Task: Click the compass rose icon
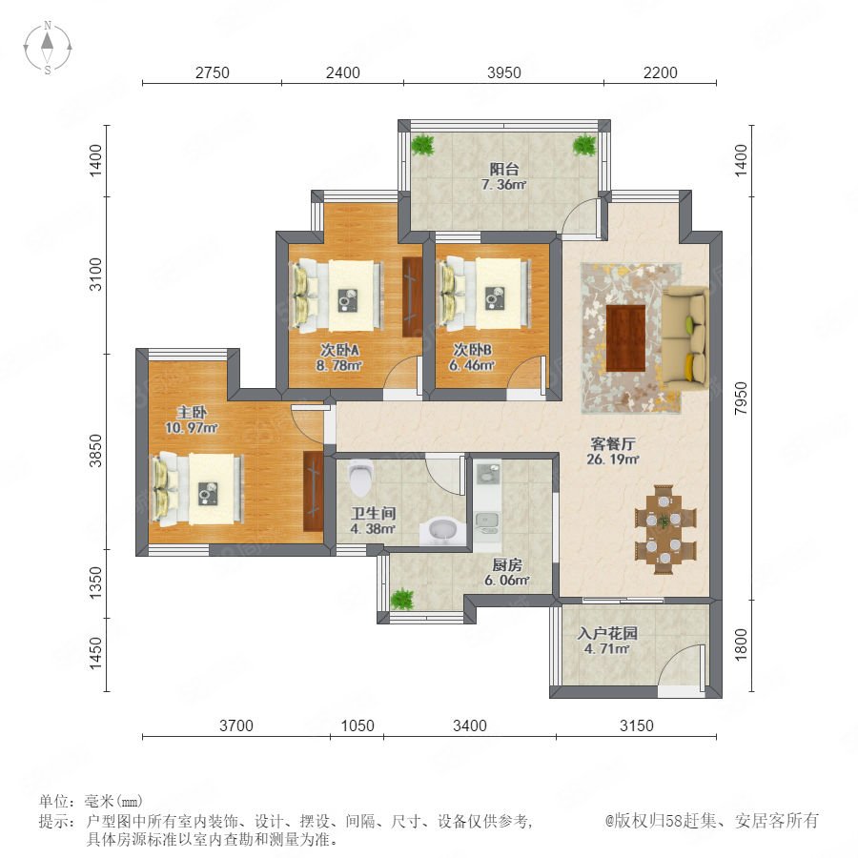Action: [x=48, y=47]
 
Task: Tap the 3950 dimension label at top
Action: [x=504, y=72]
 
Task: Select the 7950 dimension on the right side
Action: [x=741, y=398]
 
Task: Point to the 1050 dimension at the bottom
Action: [x=357, y=725]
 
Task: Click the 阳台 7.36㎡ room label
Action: [x=503, y=176]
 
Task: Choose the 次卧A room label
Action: [x=339, y=350]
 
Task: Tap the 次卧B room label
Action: [x=472, y=349]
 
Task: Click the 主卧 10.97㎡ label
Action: [x=192, y=419]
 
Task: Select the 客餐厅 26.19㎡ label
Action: [x=612, y=451]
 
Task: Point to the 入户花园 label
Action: [x=607, y=633]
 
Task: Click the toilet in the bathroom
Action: [x=360, y=475]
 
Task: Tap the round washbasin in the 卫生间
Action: [x=442, y=530]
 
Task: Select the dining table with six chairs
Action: [x=664, y=529]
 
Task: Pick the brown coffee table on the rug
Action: [x=626, y=337]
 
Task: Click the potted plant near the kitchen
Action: [x=402, y=600]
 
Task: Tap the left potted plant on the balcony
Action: [x=422, y=145]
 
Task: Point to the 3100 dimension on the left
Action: [x=95, y=275]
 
